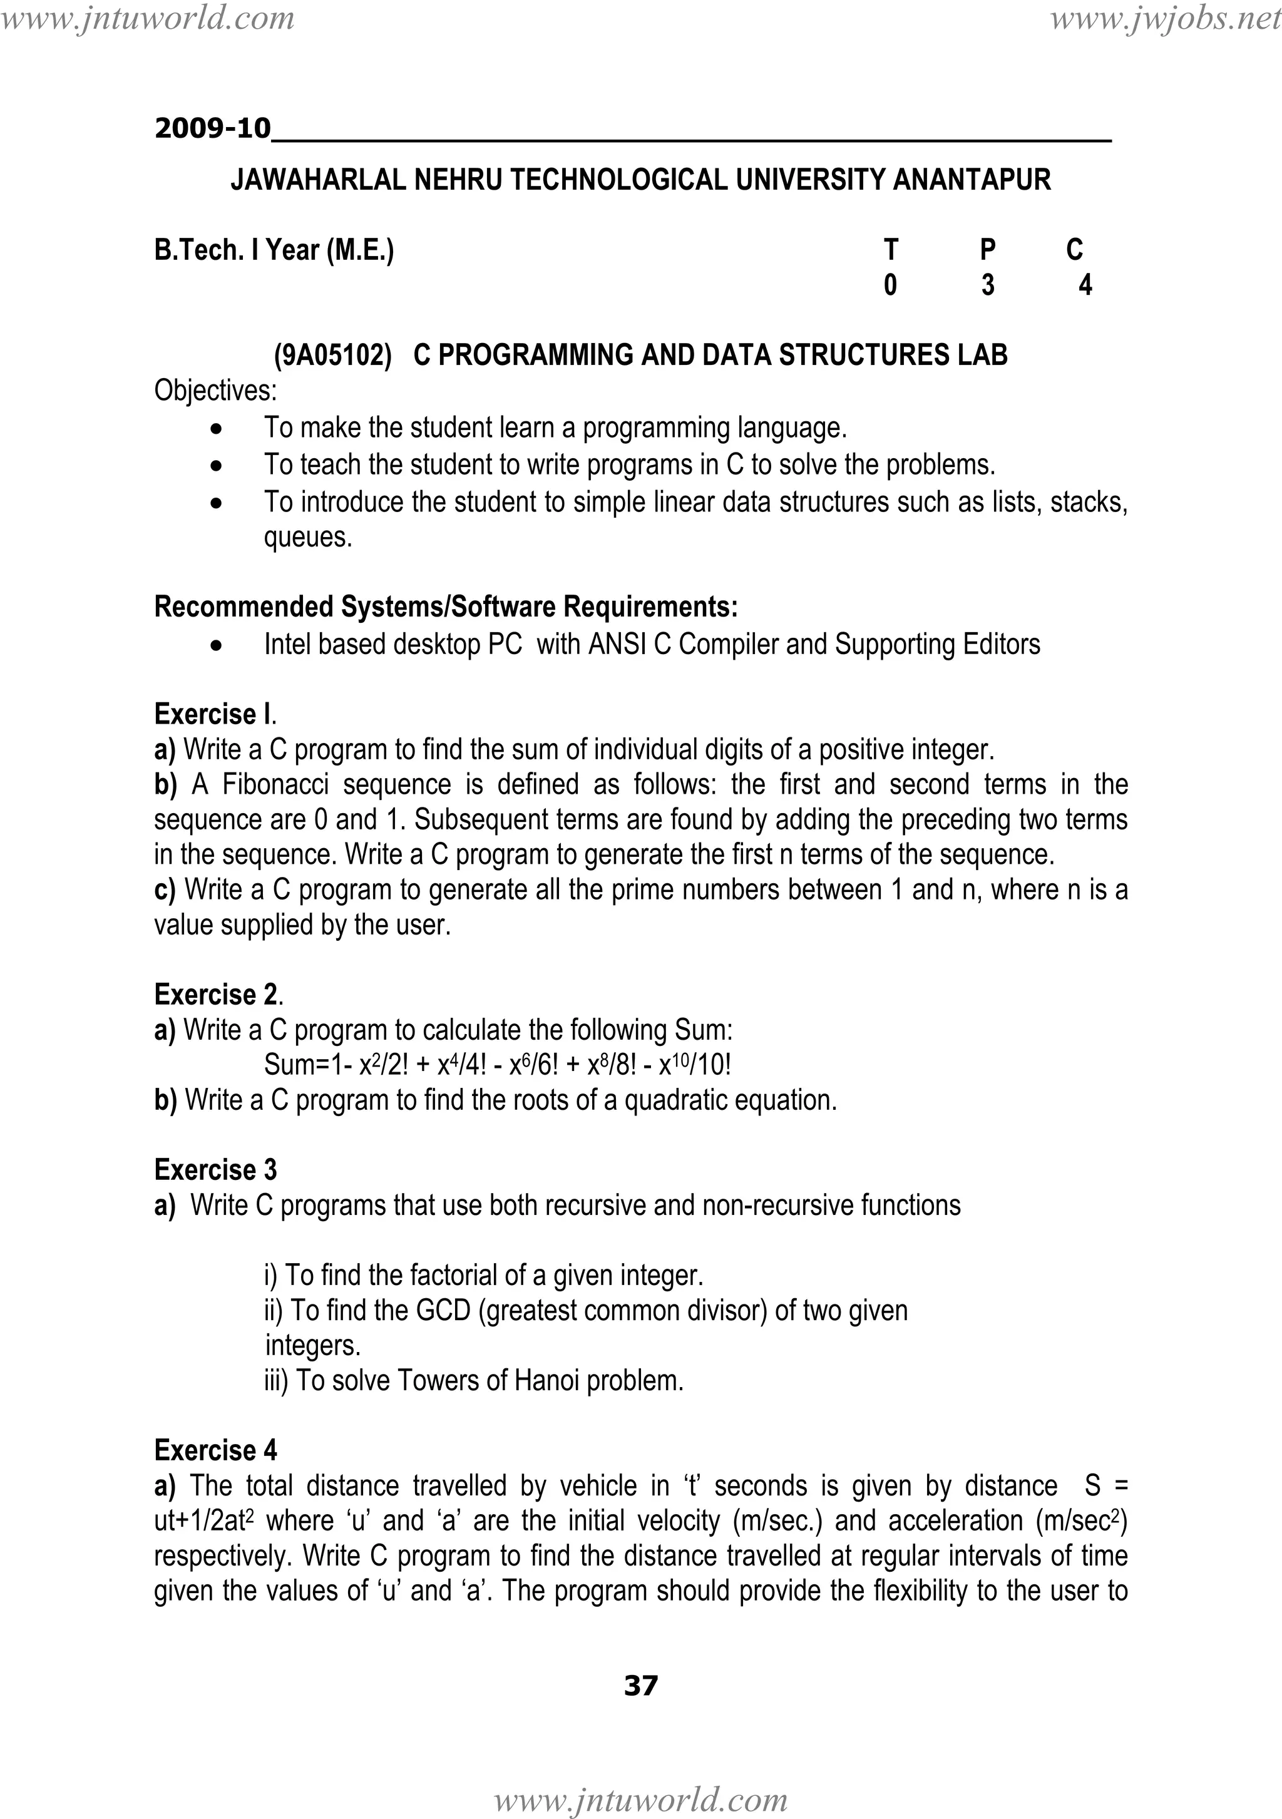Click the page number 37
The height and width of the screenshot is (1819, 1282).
[640, 1686]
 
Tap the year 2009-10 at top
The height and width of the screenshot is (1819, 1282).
[212, 128]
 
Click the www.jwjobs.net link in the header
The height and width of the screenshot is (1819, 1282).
[1165, 18]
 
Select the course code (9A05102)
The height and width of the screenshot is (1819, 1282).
[333, 355]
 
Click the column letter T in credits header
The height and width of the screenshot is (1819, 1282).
[891, 250]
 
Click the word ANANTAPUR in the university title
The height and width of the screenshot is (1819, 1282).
[972, 180]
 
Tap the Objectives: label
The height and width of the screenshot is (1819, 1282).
[215, 391]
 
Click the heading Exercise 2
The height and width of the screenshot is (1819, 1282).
[217, 994]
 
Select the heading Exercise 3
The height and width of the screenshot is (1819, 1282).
[215, 1169]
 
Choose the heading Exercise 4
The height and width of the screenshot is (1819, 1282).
[215, 1450]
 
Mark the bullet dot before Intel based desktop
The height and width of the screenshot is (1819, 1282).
[217, 646]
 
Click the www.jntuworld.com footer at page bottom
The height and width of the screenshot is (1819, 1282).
[640, 1800]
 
